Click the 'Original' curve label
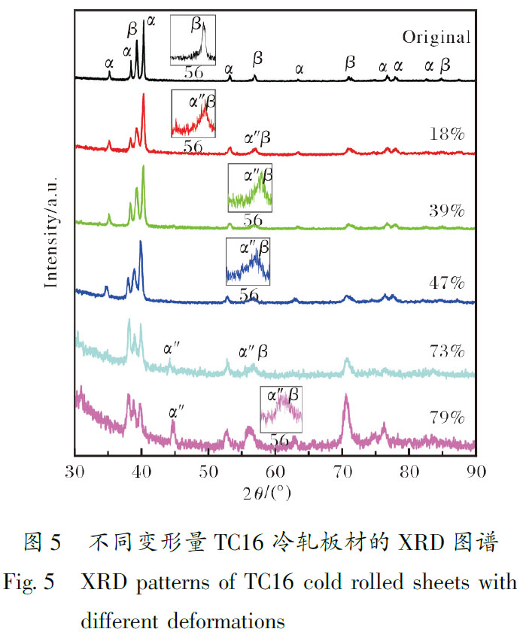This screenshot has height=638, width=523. click(436, 37)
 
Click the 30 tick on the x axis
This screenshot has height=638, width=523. click(75, 472)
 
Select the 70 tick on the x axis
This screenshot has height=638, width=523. click(342, 472)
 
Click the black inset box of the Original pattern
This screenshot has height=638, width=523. click(193, 38)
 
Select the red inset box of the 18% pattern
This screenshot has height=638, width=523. click(193, 112)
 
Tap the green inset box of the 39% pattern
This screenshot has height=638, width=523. click(251, 189)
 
